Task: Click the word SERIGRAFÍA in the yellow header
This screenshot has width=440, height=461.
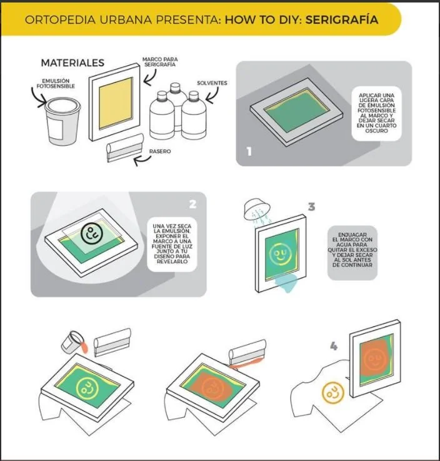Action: pos(341,19)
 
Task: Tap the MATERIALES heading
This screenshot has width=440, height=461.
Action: pos(72,63)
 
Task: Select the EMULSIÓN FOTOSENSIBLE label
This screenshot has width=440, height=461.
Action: pos(56,83)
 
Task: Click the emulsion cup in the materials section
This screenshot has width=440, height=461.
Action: pos(62,121)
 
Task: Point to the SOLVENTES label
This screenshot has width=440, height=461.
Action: pos(212,83)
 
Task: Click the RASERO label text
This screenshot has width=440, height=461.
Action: pos(160,151)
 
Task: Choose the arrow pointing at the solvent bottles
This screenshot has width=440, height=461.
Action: pos(212,96)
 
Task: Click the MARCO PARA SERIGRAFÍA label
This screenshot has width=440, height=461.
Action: pos(160,62)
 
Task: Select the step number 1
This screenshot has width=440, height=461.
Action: pos(249,151)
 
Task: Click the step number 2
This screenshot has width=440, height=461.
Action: pos(192,204)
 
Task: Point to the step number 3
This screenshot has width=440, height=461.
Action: pos(311,207)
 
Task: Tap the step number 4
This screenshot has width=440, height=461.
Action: pos(334,346)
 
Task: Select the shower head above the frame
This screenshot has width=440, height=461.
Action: pos(257,208)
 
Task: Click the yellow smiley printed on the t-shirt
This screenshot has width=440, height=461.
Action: pos(332,393)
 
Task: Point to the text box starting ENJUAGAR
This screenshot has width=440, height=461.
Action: pos(352,253)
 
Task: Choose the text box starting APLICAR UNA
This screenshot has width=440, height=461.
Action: pos(376,113)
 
